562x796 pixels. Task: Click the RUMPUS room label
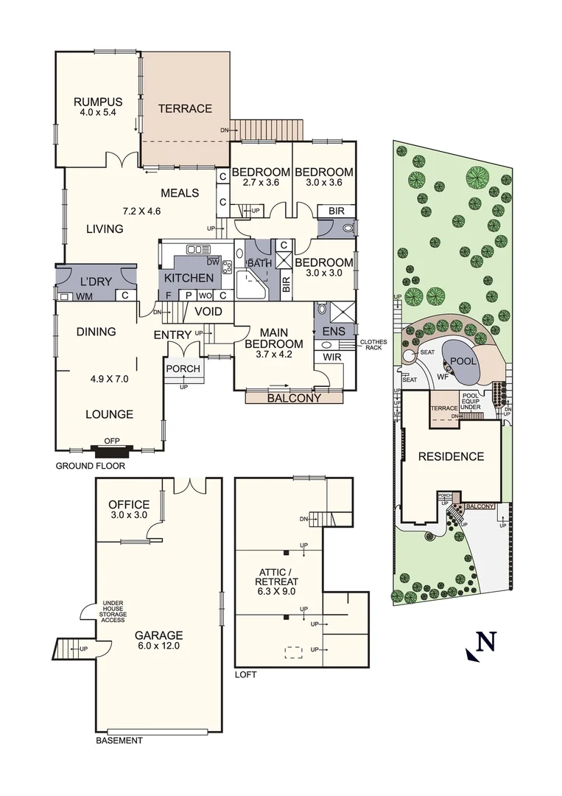click(x=97, y=102)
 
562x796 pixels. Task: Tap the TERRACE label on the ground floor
click(x=185, y=108)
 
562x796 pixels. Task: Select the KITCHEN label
click(x=189, y=278)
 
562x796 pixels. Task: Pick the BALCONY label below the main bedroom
click(x=294, y=398)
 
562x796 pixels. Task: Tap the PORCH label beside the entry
click(x=183, y=369)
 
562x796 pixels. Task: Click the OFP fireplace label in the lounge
click(x=111, y=441)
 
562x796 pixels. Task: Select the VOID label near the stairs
click(x=208, y=312)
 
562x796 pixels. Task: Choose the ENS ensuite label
click(x=334, y=332)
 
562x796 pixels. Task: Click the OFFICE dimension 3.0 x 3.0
click(x=129, y=516)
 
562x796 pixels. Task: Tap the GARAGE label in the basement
click(x=158, y=635)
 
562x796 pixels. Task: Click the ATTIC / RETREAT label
click(x=278, y=575)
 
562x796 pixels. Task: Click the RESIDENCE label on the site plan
click(x=451, y=456)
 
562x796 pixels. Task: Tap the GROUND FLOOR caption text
click(x=91, y=466)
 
